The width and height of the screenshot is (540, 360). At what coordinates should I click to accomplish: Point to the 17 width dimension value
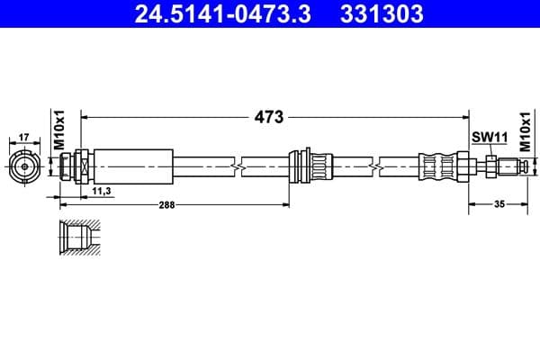(25, 138)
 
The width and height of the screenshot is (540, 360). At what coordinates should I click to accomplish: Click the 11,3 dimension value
(102, 190)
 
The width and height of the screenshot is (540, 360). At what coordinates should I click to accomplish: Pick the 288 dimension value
(166, 205)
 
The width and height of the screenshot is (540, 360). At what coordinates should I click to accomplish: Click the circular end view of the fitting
(25, 166)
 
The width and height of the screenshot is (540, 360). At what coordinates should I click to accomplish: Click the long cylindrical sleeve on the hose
(132, 166)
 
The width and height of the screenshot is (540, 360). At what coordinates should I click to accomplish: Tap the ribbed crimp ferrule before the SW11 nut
(438, 166)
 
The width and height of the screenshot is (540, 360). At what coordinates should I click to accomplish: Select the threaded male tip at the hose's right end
(513, 166)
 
